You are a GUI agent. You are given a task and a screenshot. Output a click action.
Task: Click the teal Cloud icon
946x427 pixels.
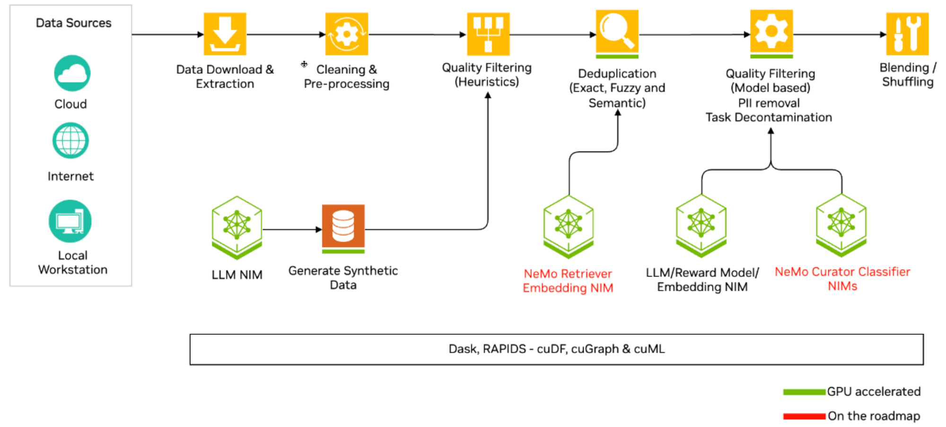coord(72,73)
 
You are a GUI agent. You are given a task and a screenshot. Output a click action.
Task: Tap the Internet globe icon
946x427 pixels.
coord(70,141)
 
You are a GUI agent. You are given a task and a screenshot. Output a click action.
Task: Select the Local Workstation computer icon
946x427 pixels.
coord(70,221)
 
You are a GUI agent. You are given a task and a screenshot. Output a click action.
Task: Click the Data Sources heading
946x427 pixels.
coord(73,23)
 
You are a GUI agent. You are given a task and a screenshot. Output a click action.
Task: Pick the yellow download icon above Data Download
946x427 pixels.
coord(225,34)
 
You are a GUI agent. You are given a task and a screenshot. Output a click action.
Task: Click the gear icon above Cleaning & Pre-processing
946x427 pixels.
coord(346,34)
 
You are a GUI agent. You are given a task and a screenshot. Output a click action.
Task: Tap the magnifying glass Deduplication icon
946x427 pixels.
coord(617,32)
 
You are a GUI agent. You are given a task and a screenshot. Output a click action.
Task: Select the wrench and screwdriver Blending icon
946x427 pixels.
coord(907,34)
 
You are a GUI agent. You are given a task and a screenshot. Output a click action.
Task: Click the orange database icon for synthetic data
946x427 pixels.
coord(343,226)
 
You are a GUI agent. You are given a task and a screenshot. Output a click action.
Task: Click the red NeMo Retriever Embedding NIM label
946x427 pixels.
coord(568,281)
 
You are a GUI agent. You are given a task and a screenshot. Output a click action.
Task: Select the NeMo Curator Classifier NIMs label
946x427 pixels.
coord(842,279)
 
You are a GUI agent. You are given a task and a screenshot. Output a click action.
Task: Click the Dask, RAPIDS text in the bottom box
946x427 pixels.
coord(556,349)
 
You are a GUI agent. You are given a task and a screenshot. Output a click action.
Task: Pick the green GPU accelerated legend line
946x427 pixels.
coord(804,392)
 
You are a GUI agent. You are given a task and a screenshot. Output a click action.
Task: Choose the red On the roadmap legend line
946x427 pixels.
coord(804,416)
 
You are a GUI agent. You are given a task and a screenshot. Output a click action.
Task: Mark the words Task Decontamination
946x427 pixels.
coord(769,117)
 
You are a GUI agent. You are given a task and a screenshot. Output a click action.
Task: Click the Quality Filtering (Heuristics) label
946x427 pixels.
coord(487,75)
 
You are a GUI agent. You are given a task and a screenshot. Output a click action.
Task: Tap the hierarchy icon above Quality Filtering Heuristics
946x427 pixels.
coord(488,34)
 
